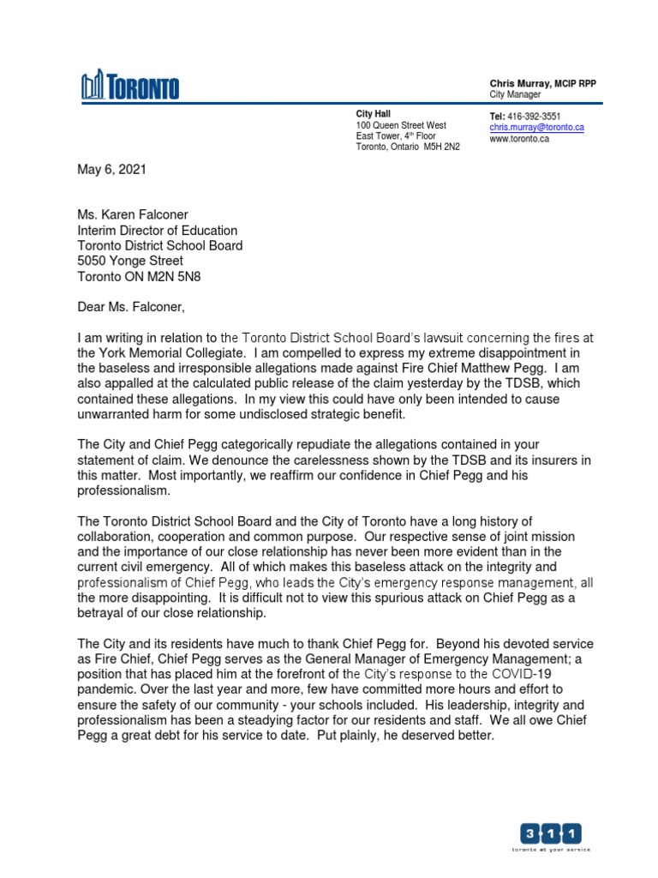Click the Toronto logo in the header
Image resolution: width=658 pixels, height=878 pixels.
click(x=130, y=86)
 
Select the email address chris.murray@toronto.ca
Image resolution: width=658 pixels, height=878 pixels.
click(x=536, y=127)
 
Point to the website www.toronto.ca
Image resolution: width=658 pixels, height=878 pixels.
click(x=519, y=138)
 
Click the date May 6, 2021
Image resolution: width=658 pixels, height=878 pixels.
click(x=112, y=170)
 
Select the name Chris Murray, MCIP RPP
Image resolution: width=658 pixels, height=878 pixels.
click(x=542, y=83)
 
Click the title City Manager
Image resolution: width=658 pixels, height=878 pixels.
click(x=515, y=94)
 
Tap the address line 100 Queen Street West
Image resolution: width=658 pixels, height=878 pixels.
click(x=401, y=125)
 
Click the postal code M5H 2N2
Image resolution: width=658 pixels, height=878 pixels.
click(x=441, y=147)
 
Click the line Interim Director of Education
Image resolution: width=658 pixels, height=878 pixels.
click(x=158, y=231)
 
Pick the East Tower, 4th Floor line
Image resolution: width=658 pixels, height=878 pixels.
click(x=396, y=136)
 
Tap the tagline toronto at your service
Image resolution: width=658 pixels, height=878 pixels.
click(x=551, y=850)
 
